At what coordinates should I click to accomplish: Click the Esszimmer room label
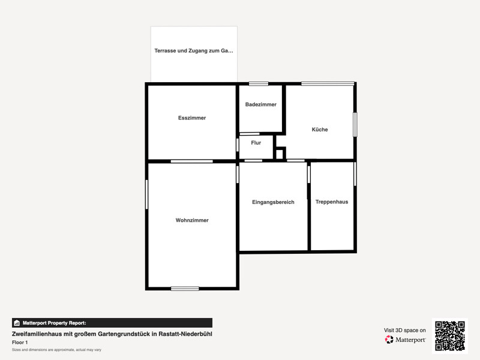coord(192,118)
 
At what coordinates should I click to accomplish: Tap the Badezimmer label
coord(261,104)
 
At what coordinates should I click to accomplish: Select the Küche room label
coord(320,130)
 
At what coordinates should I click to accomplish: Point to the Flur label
coord(256,143)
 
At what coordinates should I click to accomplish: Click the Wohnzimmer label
coord(192,220)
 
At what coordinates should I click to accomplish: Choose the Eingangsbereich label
coord(273,202)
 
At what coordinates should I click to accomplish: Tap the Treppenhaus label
coord(332,202)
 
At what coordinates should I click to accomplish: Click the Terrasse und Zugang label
coord(194,51)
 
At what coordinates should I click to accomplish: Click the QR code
coord(450,336)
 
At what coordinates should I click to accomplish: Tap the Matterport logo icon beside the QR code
coord(389,340)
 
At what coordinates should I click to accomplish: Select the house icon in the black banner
coord(17,323)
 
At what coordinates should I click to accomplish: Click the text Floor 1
coord(20,343)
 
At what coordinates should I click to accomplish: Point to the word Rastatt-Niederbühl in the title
coord(185,334)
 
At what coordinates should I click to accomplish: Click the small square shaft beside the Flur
coord(280,154)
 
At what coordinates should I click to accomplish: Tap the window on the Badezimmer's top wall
coord(259,84)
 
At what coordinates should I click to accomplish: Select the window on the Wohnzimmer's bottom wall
coord(185,289)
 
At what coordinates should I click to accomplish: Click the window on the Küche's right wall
coord(355,125)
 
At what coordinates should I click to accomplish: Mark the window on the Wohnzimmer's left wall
coord(146,194)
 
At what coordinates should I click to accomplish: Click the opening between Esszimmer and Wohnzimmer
coord(191,161)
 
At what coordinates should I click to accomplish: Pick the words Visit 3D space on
coord(404,331)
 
